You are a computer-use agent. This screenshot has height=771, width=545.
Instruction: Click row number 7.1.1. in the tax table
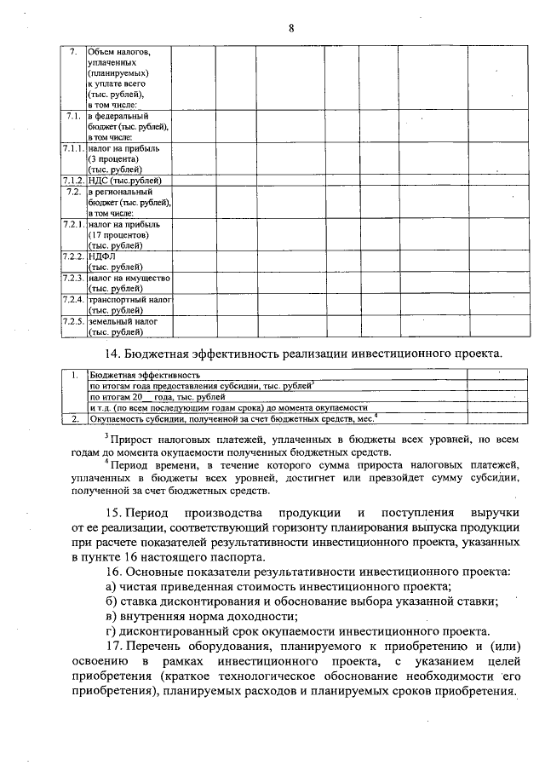pos(74,148)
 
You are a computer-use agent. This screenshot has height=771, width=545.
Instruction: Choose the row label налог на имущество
pos(129,279)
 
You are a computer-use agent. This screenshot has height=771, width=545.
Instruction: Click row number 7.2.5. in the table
pos(74,322)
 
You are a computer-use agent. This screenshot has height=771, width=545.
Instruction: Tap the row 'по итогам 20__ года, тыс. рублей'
pos(157,397)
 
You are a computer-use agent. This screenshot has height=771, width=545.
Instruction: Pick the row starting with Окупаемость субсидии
pos(230,418)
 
